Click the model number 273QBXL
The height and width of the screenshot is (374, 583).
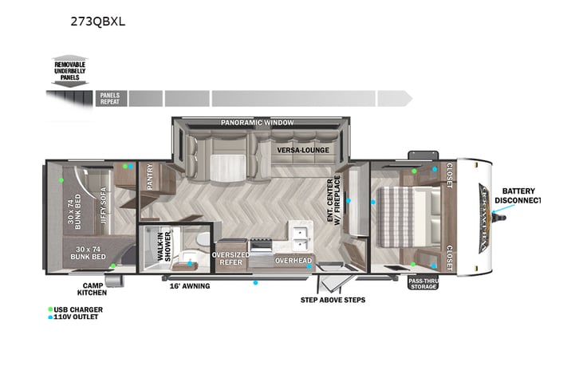point(98,22)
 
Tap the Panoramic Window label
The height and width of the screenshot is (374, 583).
point(257,123)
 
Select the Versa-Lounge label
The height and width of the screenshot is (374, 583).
point(304,149)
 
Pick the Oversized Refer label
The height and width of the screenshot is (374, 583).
point(230,258)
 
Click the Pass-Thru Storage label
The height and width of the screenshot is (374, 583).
point(423,284)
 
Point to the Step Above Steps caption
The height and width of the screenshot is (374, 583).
point(332,300)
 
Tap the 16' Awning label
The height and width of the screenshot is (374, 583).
point(190,285)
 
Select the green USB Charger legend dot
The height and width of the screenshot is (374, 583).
point(50,309)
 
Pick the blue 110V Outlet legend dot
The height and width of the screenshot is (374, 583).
point(50,317)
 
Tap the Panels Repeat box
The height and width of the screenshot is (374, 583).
point(109,98)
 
